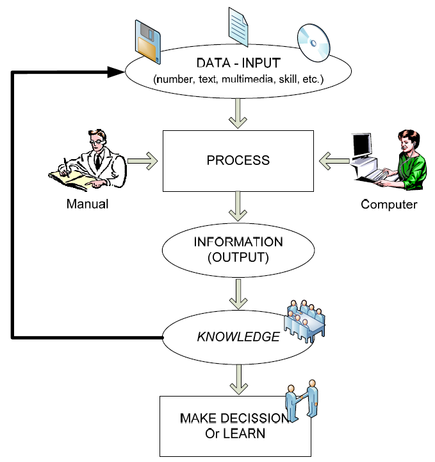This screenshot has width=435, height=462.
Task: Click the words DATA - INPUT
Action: click(238, 65)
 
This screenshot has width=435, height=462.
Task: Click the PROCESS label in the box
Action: click(238, 160)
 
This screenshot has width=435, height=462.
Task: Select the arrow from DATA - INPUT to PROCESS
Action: click(238, 113)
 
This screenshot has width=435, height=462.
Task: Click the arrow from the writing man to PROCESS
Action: click(142, 160)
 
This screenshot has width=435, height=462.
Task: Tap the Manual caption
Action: click(87, 205)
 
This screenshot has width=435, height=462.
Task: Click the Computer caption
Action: click(389, 205)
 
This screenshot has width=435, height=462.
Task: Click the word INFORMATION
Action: click(238, 243)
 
